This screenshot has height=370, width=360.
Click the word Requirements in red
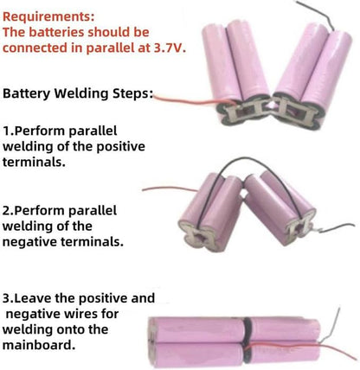tap(46, 16)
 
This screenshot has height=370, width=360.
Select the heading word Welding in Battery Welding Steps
tap(82, 93)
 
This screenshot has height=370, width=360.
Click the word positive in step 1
tap(120, 146)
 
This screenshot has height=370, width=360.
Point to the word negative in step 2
tap(29, 242)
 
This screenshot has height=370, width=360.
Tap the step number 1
tap(7, 131)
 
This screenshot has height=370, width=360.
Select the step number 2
tap(7, 211)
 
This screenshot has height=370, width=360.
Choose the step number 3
tap(7, 298)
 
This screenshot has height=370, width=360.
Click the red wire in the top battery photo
tap(193, 101)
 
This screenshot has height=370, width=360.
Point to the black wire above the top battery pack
tap(318, 10)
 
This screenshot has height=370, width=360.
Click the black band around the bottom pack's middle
tap(247, 340)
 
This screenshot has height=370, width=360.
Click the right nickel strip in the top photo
tap(294, 112)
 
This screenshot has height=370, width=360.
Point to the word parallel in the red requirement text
tap(109, 48)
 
